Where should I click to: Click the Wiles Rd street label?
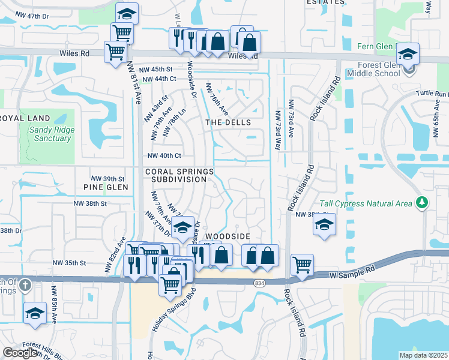coord(74,53)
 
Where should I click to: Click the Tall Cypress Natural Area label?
coord(366,203)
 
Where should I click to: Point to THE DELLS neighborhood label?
coord(228,122)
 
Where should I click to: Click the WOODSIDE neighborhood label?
coord(227,237)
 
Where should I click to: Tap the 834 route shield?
coord(259,283)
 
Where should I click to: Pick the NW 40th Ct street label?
coord(164,156)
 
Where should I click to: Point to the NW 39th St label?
coord(107,179)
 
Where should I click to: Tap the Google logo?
coord(20,353)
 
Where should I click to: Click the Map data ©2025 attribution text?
coord(423,355)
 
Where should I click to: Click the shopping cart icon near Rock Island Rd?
coord(303,264)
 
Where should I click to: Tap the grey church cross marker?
coord(24,285)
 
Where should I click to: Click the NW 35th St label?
coord(70,263)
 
